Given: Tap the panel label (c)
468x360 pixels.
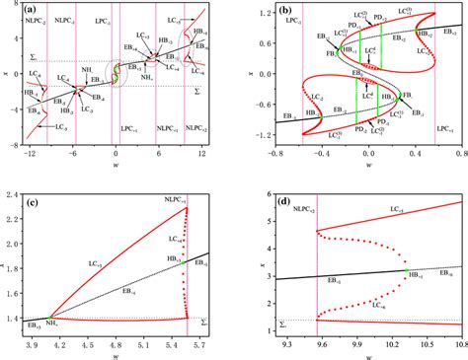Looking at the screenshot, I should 31,196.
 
